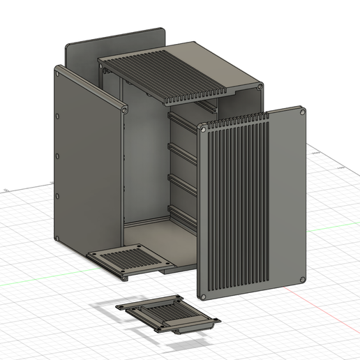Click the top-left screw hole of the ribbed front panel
pyautogui.click(x=202, y=130)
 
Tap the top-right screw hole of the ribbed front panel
pyautogui.click(x=302, y=112)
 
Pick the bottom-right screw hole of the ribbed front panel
pyautogui.click(x=302, y=279)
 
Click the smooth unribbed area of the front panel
pyautogui.click(x=286, y=195)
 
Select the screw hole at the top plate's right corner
pyautogui.click(x=260, y=87)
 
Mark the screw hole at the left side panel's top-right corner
pyautogui.click(x=123, y=110)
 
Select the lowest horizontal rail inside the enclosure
pyautogui.click(x=185, y=213)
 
